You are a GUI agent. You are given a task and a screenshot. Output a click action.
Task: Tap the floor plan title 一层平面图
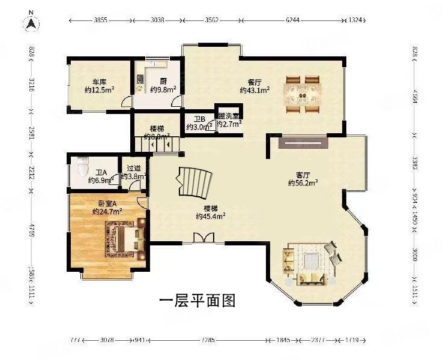tap(196, 300)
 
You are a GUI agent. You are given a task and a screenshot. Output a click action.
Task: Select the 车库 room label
tap(99, 82)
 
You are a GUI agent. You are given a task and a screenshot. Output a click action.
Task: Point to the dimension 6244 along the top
tap(292, 20)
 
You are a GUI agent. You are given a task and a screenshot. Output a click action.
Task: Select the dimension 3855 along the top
tap(101, 20)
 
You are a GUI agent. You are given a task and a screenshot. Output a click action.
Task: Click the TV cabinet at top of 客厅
tap(303, 143)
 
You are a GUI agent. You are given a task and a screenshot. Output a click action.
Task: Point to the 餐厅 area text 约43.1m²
tap(255, 91)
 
